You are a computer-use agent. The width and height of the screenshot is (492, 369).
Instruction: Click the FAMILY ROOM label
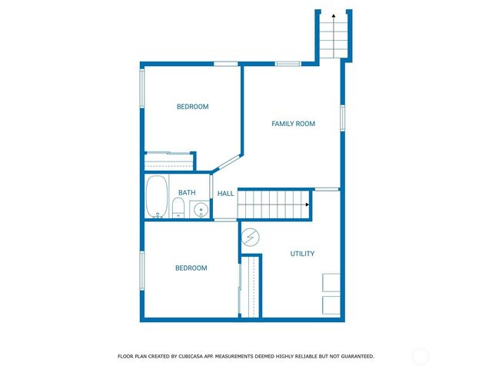pyautogui.click(x=294, y=124)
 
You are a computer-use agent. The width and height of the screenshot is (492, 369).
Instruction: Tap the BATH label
pyautogui.click(x=187, y=193)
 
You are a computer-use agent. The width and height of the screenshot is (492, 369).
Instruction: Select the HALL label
pyautogui.click(x=225, y=194)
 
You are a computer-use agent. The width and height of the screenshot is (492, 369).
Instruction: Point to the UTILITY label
pyautogui.click(x=302, y=254)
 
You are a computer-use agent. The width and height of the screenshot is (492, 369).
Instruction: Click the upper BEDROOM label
pyautogui.click(x=192, y=107)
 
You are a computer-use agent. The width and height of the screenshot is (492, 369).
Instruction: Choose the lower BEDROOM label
pyautogui.click(x=191, y=268)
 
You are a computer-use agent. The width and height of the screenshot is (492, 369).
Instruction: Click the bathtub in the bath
pyautogui.click(x=157, y=197)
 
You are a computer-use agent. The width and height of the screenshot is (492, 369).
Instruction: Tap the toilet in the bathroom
pyautogui.click(x=178, y=207)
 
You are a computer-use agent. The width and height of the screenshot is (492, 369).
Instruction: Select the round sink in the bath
pyautogui.click(x=200, y=209)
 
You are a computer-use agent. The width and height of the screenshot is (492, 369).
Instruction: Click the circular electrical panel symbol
pyautogui.click(x=251, y=236)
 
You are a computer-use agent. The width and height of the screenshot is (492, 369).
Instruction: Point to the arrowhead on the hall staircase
pyautogui.click(x=307, y=204)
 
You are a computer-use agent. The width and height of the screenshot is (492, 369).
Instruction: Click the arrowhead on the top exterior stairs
pyautogui.click(x=333, y=15)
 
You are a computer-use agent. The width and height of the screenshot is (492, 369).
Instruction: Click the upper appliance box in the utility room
pyautogui.click(x=332, y=282)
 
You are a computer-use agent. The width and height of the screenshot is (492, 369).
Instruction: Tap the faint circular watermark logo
pyautogui.click(x=421, y=356)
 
